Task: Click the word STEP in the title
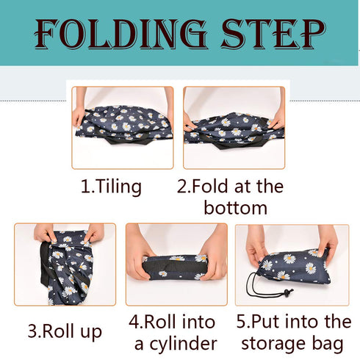[x=273, y=34]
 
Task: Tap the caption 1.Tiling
[x=112, y=187]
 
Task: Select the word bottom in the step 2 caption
[x=236, y=208]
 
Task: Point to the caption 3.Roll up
[x=65, y=332]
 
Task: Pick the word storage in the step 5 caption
[x=273, y=343]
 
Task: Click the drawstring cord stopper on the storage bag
[x=287, y=292]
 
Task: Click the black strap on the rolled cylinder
[x=174, y=266]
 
